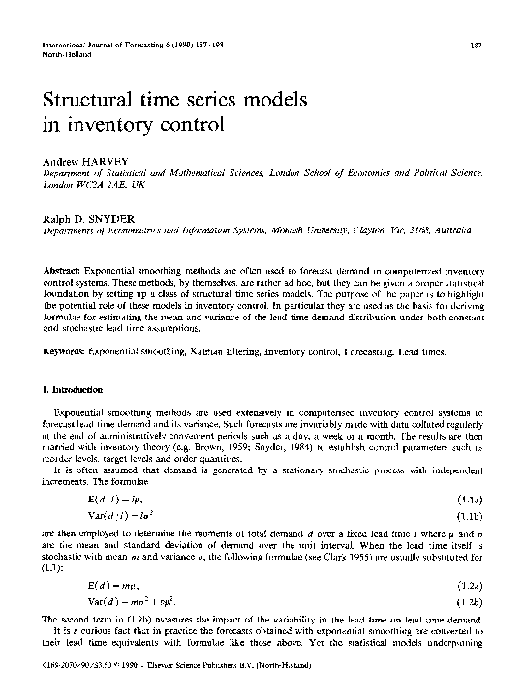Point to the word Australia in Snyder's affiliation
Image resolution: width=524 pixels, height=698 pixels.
[445, 232]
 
